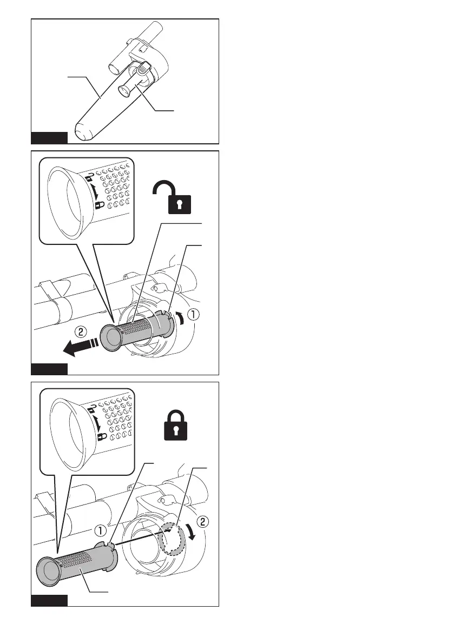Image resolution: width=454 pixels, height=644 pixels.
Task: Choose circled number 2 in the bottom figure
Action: tap(202, 522)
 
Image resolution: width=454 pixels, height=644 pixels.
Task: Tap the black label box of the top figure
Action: tap(49, 137)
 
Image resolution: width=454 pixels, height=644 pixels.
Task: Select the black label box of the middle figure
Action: tap(49, 369)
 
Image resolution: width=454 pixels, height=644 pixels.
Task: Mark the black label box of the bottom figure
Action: tap(49, 601)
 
